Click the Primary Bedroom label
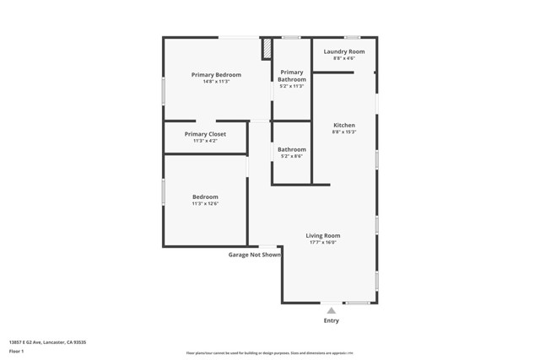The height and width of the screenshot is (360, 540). tap(216, 75)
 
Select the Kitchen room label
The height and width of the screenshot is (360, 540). tap(344, 125)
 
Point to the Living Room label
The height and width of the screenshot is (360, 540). tap(323, 236)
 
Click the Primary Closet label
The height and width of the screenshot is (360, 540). tap(205, 134)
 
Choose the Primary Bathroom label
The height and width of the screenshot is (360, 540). tap(292, 76)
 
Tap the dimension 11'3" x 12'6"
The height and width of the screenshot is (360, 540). tap(205, 203)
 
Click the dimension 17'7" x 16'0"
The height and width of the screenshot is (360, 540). tap(323, 243)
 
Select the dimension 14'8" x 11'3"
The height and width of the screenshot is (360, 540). tap(216, 82)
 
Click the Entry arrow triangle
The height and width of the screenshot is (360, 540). tap(332, 310)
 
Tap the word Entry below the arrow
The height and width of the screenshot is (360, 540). tap(332, 321)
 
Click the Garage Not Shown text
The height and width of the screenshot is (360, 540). tap(255, 255)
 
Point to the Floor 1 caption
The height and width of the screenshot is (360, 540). tap(16, 351)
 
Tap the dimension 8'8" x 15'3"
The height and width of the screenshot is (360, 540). tap(344, 132)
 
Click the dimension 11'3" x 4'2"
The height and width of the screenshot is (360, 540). tap(205, 141)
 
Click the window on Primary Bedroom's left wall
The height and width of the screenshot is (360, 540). tap(163, 91)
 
